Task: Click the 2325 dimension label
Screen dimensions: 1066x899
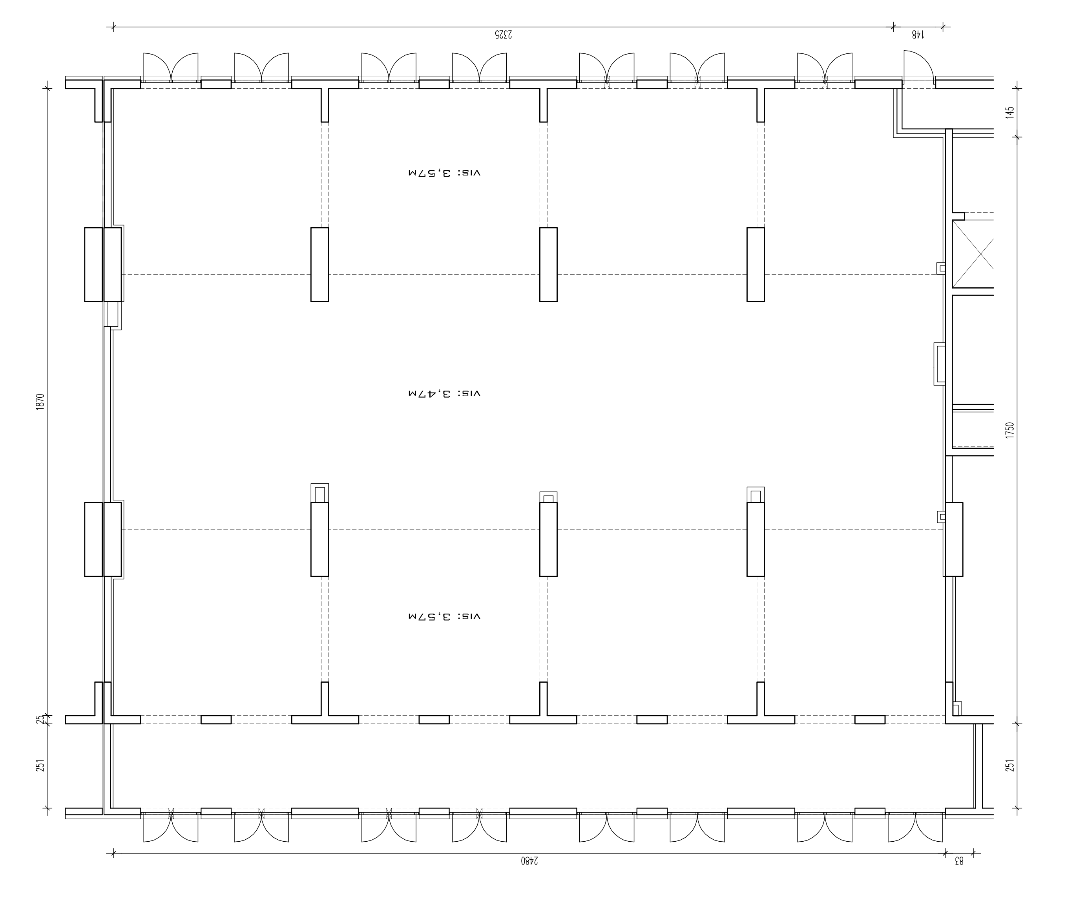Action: (502, 35)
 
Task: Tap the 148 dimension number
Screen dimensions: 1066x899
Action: (918, 35)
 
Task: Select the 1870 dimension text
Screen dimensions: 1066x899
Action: (41, 402)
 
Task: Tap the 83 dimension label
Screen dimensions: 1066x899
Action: (958, 860)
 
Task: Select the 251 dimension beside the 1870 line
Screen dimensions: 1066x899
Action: (41, 765)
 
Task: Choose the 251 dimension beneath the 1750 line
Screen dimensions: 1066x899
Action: (1009, 765)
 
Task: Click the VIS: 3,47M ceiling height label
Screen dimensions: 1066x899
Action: (444, 393)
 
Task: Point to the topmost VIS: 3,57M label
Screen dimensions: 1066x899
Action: (444, 173)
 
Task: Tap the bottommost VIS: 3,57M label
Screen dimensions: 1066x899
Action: (444, 616)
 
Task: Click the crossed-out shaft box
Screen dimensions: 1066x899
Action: (973, 254)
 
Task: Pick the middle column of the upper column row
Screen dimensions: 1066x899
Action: (548, 265)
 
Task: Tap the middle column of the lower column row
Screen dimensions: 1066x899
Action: (548, 539)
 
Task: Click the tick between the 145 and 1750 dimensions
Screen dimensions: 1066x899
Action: (1018, 137)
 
